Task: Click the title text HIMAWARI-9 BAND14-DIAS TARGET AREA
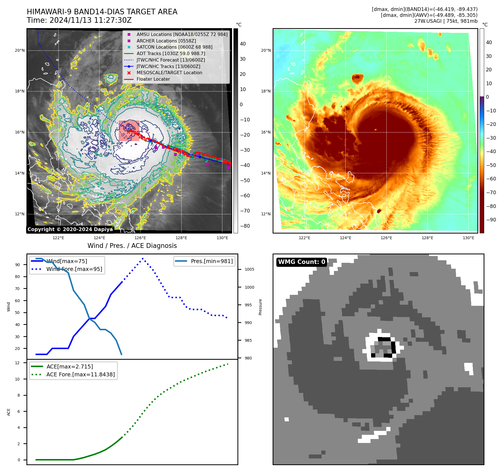102,12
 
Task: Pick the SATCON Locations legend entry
174,47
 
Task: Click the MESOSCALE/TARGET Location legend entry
169,73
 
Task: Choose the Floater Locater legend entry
153,79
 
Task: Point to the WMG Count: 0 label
302,262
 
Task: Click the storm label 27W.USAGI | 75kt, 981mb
446,21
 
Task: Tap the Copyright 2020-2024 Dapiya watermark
70,229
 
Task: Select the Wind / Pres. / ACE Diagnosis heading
132,246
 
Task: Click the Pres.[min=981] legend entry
212,261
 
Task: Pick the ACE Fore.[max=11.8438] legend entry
80,374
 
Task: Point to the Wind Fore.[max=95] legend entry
74,269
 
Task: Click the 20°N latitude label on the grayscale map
20,51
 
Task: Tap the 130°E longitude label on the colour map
468,238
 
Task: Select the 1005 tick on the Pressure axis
249,269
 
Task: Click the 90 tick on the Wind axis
17,265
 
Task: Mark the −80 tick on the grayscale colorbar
245,226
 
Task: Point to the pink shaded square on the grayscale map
129,131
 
